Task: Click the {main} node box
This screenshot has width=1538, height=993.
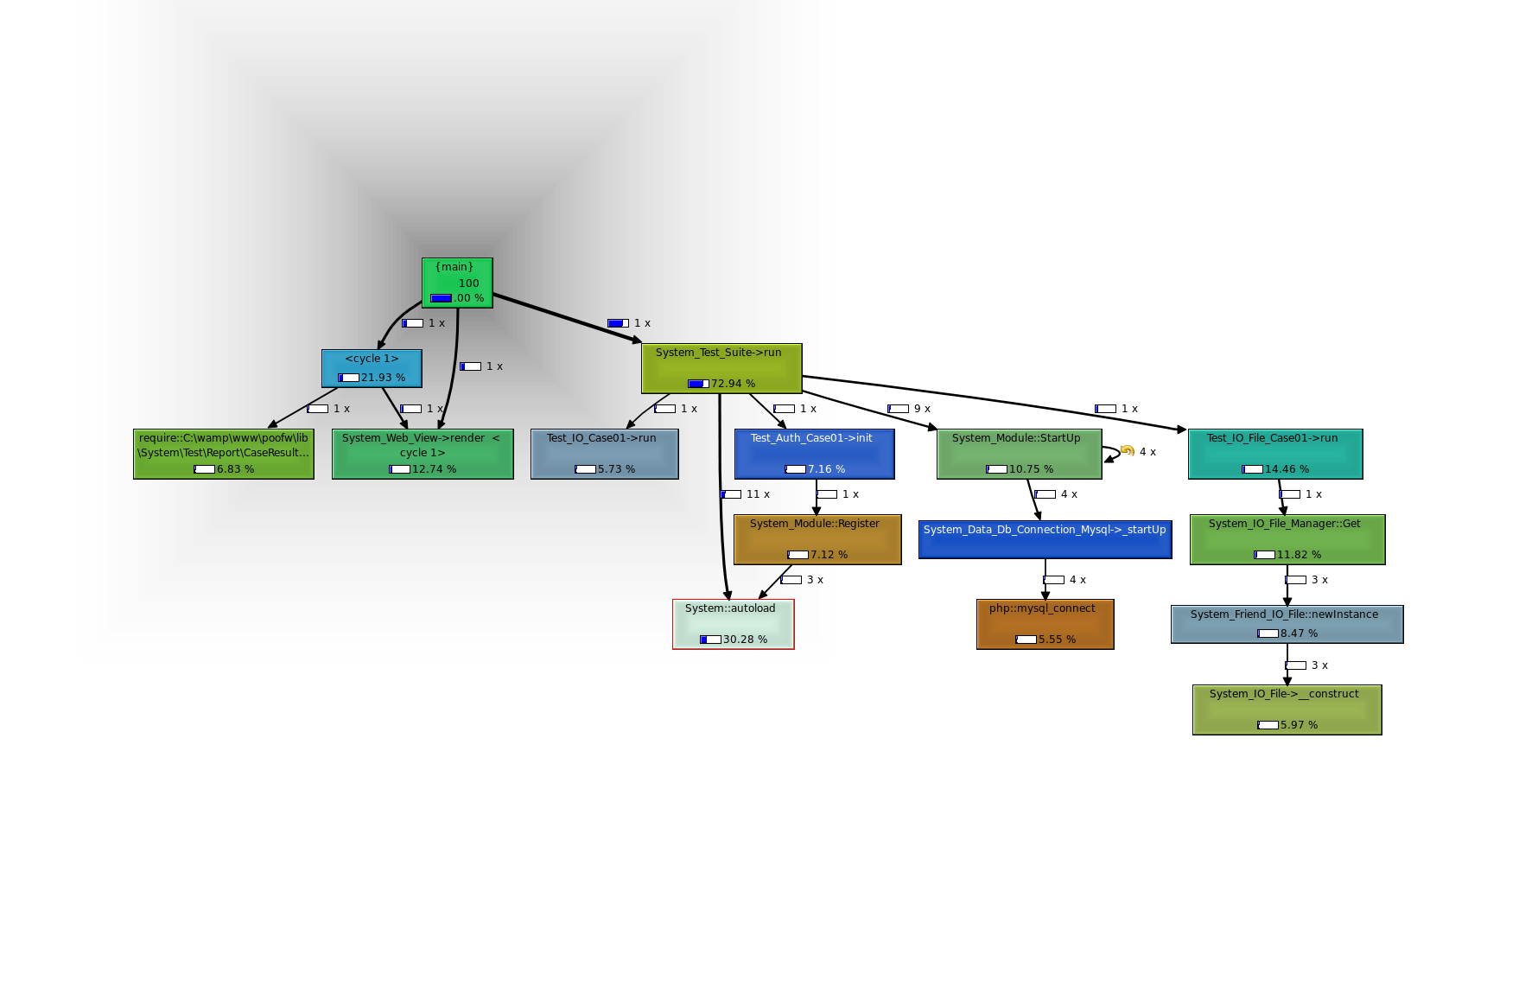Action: click(x=457, y=283)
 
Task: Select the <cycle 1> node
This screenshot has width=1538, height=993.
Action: click(x=372, y=368)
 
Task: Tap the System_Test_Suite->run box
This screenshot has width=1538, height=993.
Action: click(x=721, y=368)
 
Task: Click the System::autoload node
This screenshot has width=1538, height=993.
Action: click(x=733, y=624)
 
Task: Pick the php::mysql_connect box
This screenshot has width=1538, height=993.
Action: click(x=1045, y=624)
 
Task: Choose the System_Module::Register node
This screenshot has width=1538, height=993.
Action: click(x=817, y=539)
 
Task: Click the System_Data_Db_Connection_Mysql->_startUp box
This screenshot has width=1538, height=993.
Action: click(x=1045, y=539)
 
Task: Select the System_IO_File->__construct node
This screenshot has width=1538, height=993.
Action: click(x=1287, y=710)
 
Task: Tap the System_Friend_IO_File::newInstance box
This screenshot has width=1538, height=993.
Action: click(x=1287, y=624)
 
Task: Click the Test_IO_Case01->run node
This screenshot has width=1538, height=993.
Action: click(x=604, y=454)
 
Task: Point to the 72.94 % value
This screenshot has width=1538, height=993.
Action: click(x=733, y=384)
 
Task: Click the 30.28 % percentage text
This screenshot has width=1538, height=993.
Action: click(x=745, y=640)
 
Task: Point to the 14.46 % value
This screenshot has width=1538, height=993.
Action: click(x=1287, y=469)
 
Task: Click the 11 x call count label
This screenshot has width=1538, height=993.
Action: click(x=758, y=494)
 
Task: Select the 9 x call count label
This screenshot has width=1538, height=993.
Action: click(x=922, y=409)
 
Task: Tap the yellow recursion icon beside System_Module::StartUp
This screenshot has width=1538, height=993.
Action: click(x=1127, y=450)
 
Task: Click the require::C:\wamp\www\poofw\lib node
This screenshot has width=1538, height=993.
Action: click(x=224, y=454)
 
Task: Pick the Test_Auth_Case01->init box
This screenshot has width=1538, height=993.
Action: click(x=814, y=454)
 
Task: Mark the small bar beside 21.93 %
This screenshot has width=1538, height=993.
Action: click(x=348, y=378)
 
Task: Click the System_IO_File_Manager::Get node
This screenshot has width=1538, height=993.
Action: click(x=1287, y=539)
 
